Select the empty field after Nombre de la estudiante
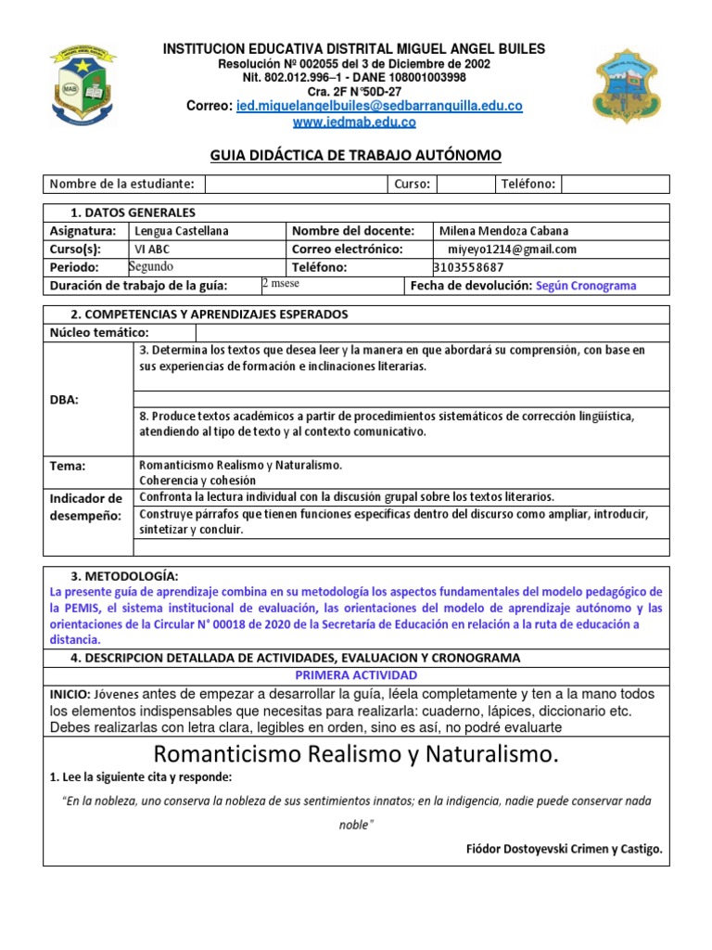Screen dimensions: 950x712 click(x=295, y=185)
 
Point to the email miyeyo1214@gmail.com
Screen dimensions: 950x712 click(x=512, y=250)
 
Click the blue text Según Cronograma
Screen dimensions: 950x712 click(x=586, y=286)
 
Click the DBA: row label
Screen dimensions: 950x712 click(x=65, y=400)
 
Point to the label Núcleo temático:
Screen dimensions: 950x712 click(x=99, y=333)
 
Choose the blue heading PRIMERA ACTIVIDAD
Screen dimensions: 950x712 click(x=355, y=674)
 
